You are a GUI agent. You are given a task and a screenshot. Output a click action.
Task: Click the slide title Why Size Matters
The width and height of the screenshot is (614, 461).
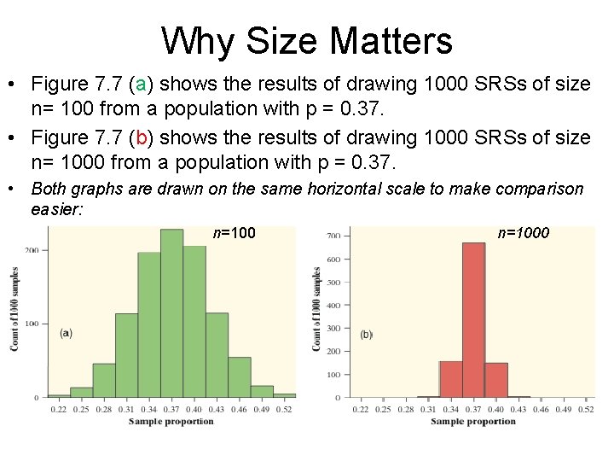(307, 40)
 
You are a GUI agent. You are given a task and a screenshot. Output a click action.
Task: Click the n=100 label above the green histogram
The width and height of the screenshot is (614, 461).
(235, 231)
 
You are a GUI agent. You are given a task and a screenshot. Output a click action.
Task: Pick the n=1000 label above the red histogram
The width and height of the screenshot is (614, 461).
(524, 231)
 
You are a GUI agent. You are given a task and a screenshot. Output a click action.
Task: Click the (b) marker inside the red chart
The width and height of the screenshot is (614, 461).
(367, 335)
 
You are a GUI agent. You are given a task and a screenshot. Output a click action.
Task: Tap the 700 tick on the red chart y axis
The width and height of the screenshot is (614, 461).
(333, 235)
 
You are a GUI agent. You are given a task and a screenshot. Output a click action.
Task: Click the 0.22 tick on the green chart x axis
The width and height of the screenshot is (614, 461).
(58, 410)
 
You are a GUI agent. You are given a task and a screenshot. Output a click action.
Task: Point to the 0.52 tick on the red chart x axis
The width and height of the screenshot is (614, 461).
(586, 410)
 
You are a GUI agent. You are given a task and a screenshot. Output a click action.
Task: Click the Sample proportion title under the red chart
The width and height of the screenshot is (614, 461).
(474, 422)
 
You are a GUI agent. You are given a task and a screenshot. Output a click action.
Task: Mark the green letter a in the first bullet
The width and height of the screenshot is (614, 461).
(142, 85)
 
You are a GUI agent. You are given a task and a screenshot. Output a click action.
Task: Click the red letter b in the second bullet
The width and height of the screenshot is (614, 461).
(142, 137)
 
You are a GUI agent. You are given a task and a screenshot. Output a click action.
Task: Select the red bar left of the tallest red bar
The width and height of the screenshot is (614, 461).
(450, 379)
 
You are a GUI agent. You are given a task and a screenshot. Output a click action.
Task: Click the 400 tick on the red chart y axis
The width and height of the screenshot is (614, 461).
(333, 305)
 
